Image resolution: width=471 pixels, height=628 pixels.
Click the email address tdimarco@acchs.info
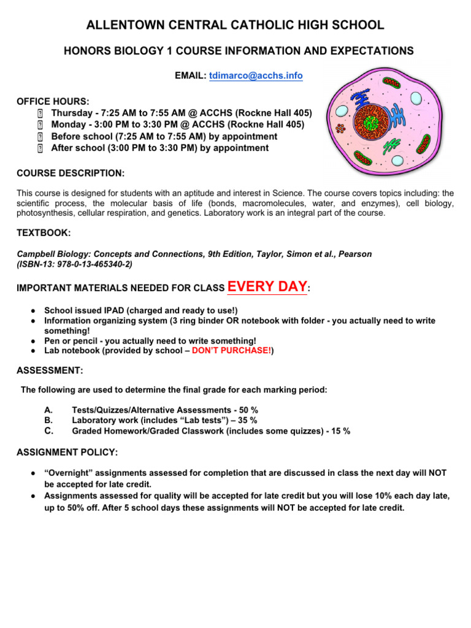[x=256, y=75]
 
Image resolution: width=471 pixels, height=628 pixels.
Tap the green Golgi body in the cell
[x=392, y=145]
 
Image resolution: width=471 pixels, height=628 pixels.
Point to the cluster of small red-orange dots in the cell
[x=340, y=129]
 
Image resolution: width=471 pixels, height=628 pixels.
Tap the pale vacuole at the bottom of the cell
[x=397, y=161]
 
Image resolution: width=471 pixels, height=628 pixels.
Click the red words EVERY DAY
[x=267, y=286]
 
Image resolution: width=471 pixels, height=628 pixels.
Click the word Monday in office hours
[x=71, y=125]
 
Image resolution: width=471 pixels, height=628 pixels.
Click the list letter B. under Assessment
[x=49, y=420]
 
